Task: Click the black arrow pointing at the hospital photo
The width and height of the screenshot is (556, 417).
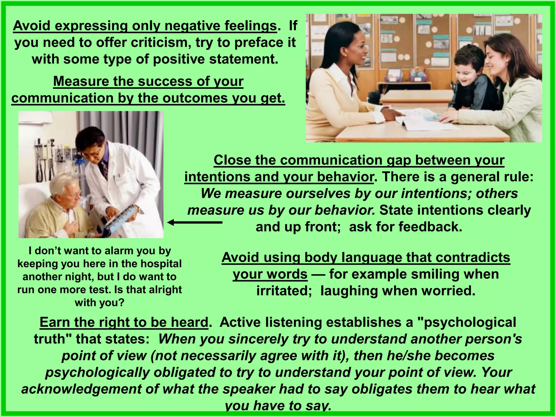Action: coord(194,223)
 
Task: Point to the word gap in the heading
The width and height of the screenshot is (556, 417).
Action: coord(399,160)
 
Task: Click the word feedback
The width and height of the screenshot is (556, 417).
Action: coord(432,227)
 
